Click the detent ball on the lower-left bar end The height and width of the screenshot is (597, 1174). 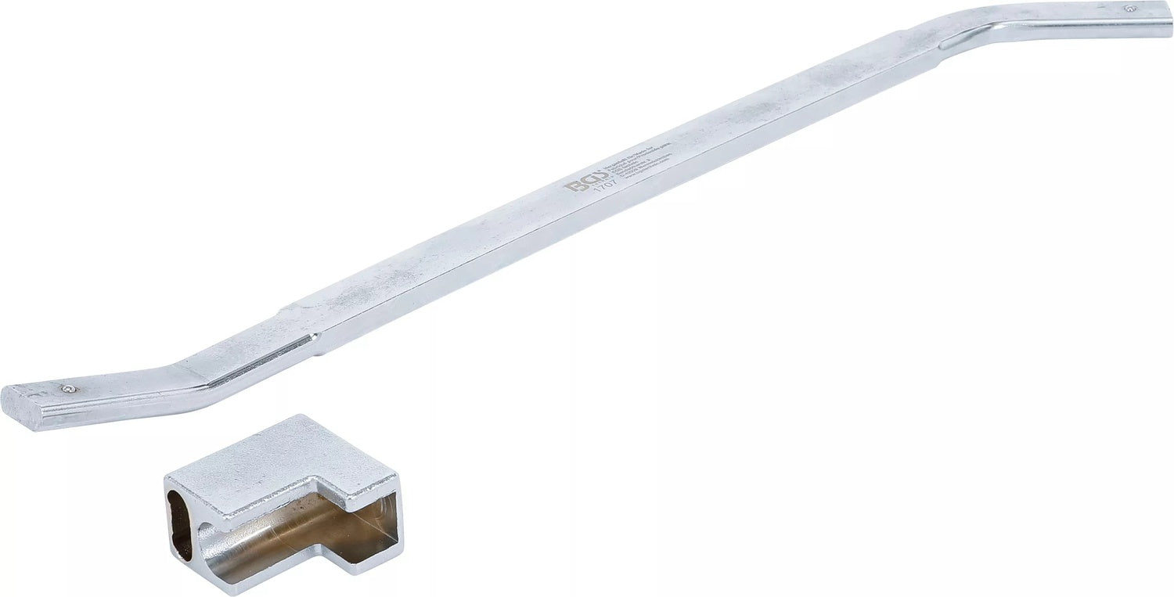69,389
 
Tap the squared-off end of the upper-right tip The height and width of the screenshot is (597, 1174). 1171,20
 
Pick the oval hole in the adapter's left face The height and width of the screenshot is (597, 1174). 180,524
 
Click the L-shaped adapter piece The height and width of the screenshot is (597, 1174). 282,501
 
